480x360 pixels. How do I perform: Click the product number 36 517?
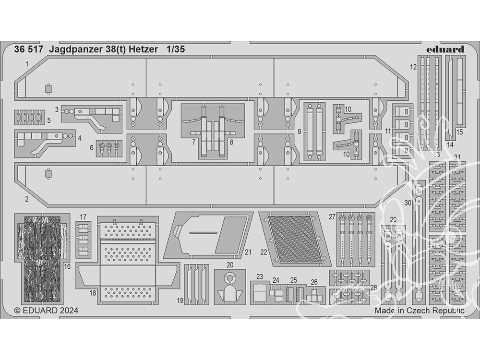click(x=28, y=49)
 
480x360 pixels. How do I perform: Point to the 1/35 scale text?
click(x=176, y=49)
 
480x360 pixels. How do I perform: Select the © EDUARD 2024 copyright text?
click(x=46, y=311)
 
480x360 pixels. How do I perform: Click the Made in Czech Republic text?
click(x=420, y=311)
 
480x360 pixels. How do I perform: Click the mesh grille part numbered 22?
click(x=295, y=239)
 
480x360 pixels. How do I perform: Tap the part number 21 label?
click(x=248, y=252)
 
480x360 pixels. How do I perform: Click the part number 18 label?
click(x=93, y=293)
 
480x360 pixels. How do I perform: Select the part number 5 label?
click(x=48, y=120)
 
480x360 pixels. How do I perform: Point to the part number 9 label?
click(x=300, y=132)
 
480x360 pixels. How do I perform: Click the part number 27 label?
click(x=333, y=217)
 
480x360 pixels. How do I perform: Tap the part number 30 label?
click(x=408, y=203)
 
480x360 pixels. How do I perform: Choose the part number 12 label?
click(x=413, y=67)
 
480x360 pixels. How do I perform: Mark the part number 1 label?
click(x=27, y=64)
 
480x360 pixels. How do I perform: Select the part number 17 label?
click(x=83, y=217)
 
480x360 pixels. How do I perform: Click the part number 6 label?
click(x=92, y=147)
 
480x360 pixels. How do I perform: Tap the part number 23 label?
click(x=260, y=277)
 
